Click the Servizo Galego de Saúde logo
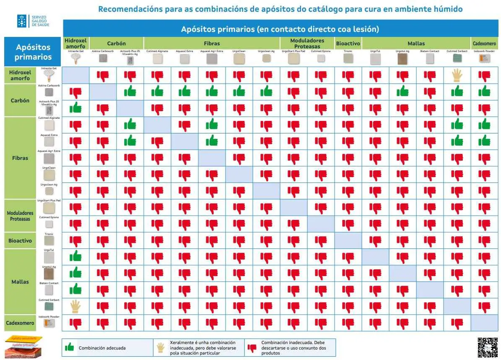pyautogui.click(x=33, y=21)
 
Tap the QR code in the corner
pyautogui.click(x=487, y=347)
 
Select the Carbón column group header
pyautogui.click(x=116, y=43)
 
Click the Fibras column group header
pyautogui.click(x=212, y=43)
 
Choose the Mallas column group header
pyautogui.click(x=416, y=43)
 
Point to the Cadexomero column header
pyautogui.click(x=484, y=43)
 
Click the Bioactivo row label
pyautogui.click(x=20, y=241)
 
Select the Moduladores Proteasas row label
pyautogui.click(x=20, y=216)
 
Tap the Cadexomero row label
pyautogui.click(x=20, y=323)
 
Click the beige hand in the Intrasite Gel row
pyautogui.click(x=457, y=76)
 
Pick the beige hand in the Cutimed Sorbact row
pyautogui.click(x=75, y=306)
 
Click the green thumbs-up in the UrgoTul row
pyautogui.click(x=75, y=256)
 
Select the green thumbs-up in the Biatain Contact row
pyautogui.click(x=75, y=289)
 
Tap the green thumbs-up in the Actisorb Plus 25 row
pyautogui.click(x=75, y=108)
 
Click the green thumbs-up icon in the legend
pyautogui.click(x=69, y=347)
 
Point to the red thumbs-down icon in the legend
pyautogui.click(x=252, y=347)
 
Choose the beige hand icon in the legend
pyautogui.click(x=161, y=347)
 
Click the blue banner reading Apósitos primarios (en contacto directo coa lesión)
pyautogui.click(x=280, y=29)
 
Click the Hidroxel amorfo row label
pyautogui.click(x=20, y=76)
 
